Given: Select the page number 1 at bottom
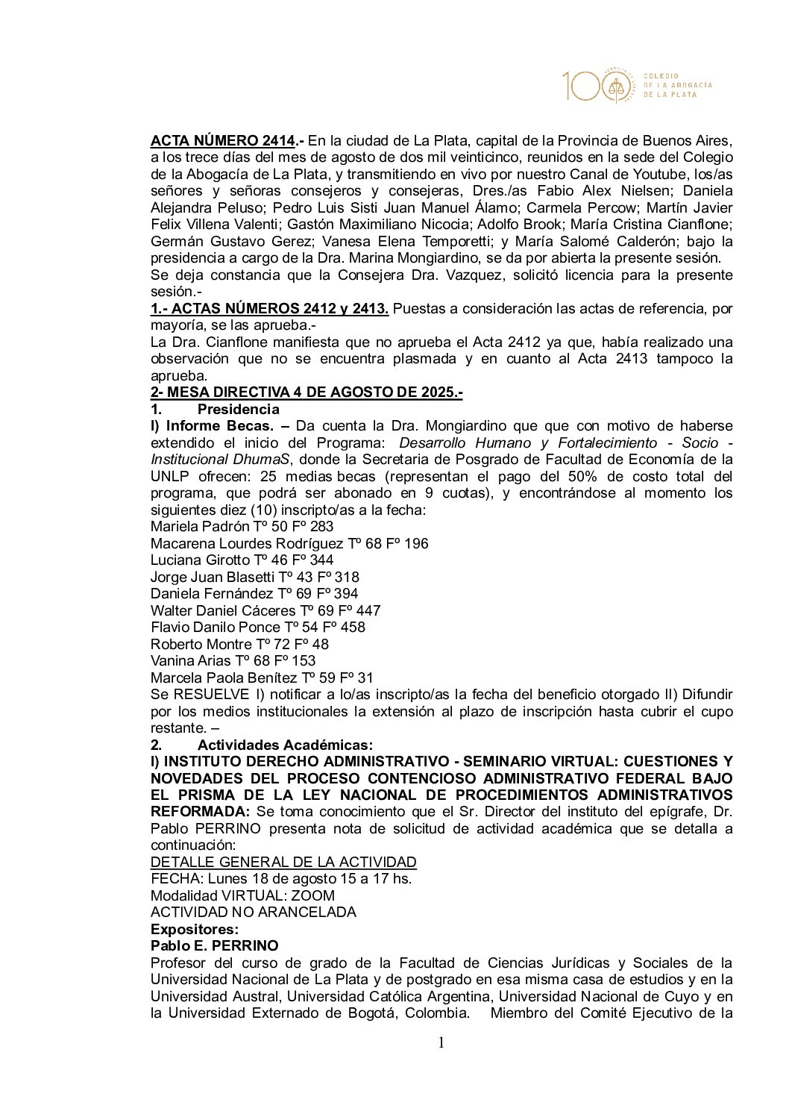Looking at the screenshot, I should click(441, 1042).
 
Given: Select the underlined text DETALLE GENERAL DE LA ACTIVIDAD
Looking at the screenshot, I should click(283, 863).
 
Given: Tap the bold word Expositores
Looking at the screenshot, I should click(194, 930).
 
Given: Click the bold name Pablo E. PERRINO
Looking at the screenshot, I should click(214, 946).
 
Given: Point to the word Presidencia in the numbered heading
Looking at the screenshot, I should click(238, 410).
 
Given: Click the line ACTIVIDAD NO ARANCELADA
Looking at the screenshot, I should click(253, 913).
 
